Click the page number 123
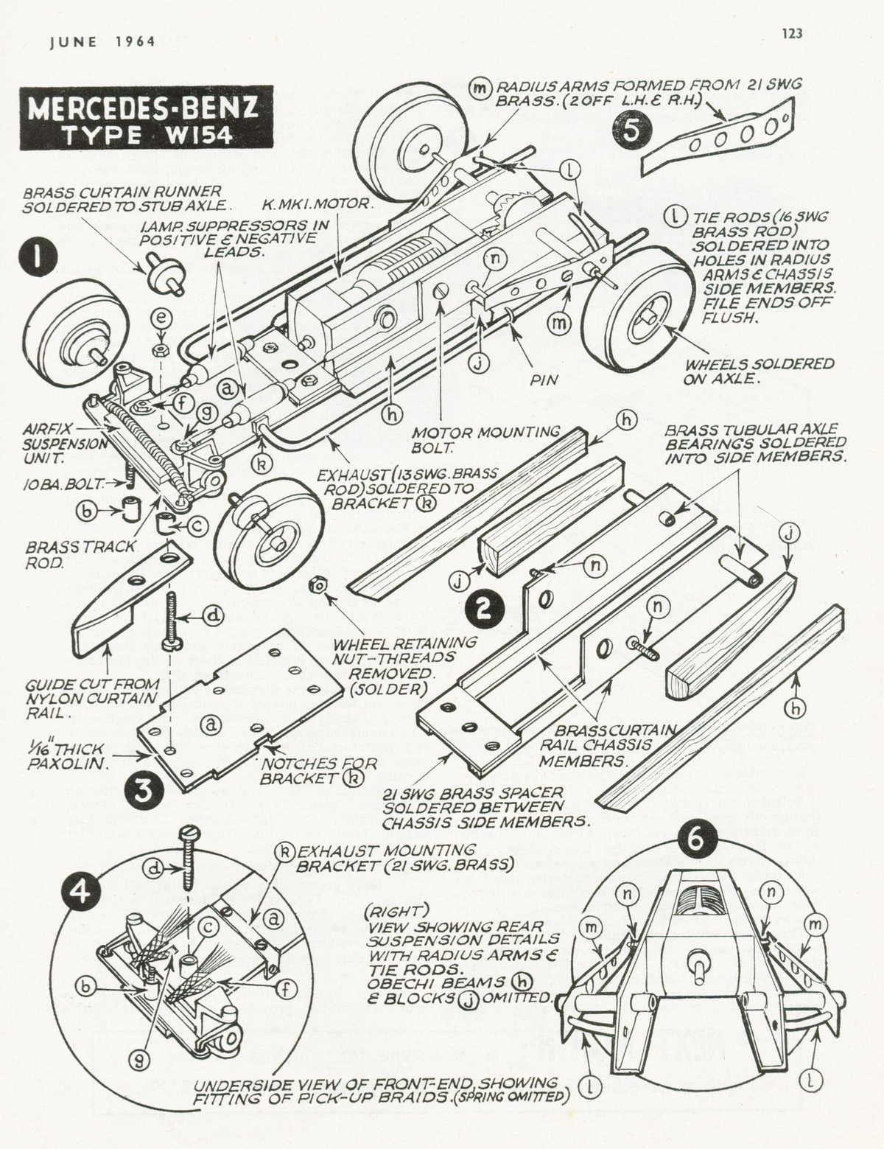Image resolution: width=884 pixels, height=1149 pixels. click(792, 33)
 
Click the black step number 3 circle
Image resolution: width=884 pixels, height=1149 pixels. click(142, 789)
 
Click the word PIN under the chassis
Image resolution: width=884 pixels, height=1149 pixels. click(544, 380)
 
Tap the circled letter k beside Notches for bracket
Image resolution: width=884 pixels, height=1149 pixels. click(357, 779)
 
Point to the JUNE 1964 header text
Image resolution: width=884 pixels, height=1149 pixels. click(102, 42)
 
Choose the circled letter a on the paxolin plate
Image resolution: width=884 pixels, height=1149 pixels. click(211, 724)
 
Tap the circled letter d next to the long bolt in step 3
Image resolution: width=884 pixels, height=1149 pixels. click(212, 615)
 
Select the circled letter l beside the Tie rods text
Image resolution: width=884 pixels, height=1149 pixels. click(674, 217)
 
